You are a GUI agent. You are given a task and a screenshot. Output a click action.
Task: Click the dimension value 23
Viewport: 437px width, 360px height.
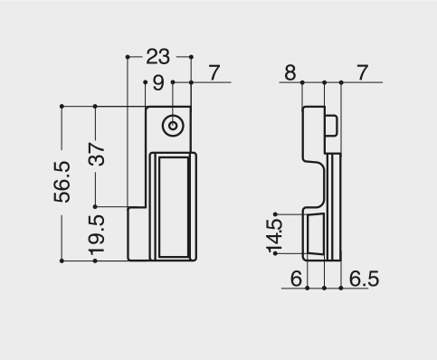click(x=157, y=56)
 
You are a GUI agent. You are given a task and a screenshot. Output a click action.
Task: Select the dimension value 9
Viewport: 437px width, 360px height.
click(x=158, y=82)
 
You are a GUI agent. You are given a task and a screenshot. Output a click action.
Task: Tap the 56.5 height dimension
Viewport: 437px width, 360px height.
click(x=62, y=182)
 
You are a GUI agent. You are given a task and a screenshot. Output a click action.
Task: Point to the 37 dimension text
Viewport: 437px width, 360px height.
click(x=97, y=155)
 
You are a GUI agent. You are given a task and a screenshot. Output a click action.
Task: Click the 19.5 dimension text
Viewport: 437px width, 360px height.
click(x=97, y=234)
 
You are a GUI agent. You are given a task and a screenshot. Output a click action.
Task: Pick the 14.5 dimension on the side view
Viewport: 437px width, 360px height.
click(x=274, y=236)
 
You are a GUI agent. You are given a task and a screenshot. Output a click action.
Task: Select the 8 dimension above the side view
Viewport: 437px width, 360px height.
click(x=290, y=73)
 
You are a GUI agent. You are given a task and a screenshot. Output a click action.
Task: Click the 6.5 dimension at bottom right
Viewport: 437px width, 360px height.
click(x=364, y=279)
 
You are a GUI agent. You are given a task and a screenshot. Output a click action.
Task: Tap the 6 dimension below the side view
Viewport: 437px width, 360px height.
click(x=296, y=279)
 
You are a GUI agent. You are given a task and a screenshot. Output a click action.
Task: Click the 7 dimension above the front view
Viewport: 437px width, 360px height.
click(x=214, y=73)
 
